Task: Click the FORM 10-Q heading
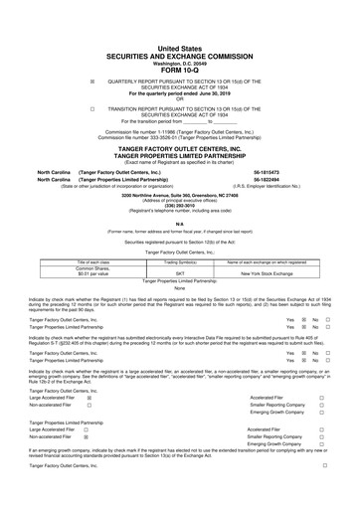(x=180, y=42)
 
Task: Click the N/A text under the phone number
(x=180, y=223)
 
